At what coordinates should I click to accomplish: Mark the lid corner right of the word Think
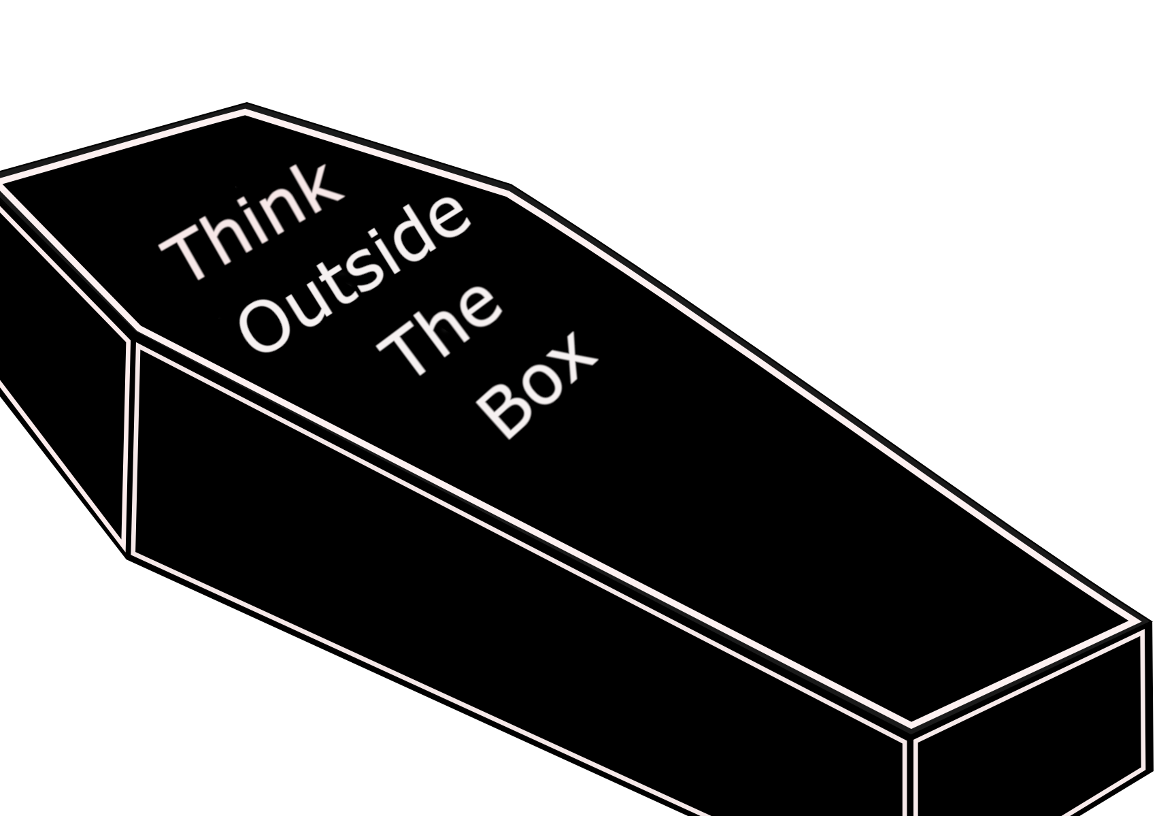pyautogui.click(x=510, y=189)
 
